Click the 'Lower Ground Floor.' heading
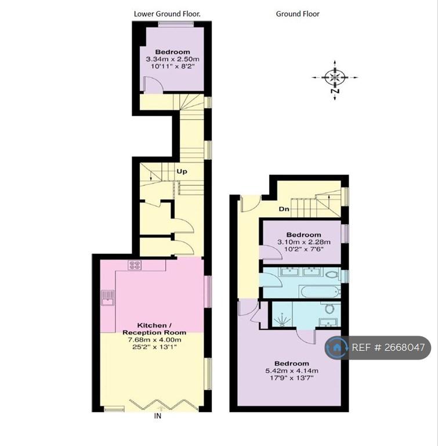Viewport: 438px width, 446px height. (x=167, y=14)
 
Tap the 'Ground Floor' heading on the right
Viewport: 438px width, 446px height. (x=298, y=14)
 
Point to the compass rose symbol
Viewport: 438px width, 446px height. (x=335, y=77)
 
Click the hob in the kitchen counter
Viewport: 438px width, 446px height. (x=135, y=265)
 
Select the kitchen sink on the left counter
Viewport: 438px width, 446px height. (x=108, y=297)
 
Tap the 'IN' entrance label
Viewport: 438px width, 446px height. (x=157, y=416)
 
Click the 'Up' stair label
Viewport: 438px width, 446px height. (x=182, y=171)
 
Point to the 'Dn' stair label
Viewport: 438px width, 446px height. (x=284, y=209)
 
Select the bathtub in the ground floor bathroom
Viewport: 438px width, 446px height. (x=319, y=292)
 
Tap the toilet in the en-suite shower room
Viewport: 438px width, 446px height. (x=330, y=308)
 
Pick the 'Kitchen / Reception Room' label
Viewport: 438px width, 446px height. (x=154, y=329)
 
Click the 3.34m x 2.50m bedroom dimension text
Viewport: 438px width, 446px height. (x=172, y=59)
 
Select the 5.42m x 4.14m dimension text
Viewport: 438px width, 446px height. (x=292, y=371)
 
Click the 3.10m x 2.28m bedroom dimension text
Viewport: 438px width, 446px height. (x=304, y=242)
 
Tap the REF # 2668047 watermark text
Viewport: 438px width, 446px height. (x=388, y=347)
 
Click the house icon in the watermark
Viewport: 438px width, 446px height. (x=337, y=347)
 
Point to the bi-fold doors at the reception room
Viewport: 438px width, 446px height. (x=164, y=405)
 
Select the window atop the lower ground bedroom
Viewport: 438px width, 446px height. (x=176, y=24)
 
